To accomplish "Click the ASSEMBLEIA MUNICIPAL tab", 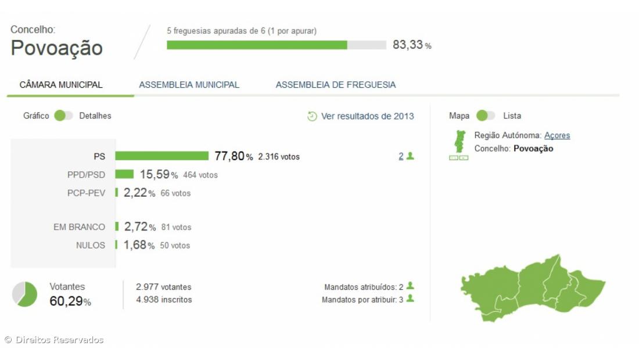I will click(x=189, y=85).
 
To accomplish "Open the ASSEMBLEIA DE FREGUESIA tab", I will click(x=335, y=85).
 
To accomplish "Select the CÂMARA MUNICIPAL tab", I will click(x=61, y=85).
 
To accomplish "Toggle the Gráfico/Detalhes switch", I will click(x=63, y=116).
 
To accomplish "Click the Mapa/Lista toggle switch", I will click(x=485, y=116).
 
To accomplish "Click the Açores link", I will click(x=557, y=135).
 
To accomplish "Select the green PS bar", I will click(x=161, y=156).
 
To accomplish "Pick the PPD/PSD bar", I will click(x=124, y=174).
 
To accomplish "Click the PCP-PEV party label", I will click(x=87, y=193).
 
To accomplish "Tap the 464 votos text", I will click(x=200, y=175).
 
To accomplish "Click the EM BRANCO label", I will click(x=80, y=227).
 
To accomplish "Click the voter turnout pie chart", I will click(x=24, y=294).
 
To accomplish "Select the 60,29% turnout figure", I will click(x=70, y=301).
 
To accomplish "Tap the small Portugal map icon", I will click(x=459, y=142).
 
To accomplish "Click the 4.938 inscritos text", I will click(x=164, y=300).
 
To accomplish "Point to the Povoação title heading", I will click(x=57, y=48).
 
